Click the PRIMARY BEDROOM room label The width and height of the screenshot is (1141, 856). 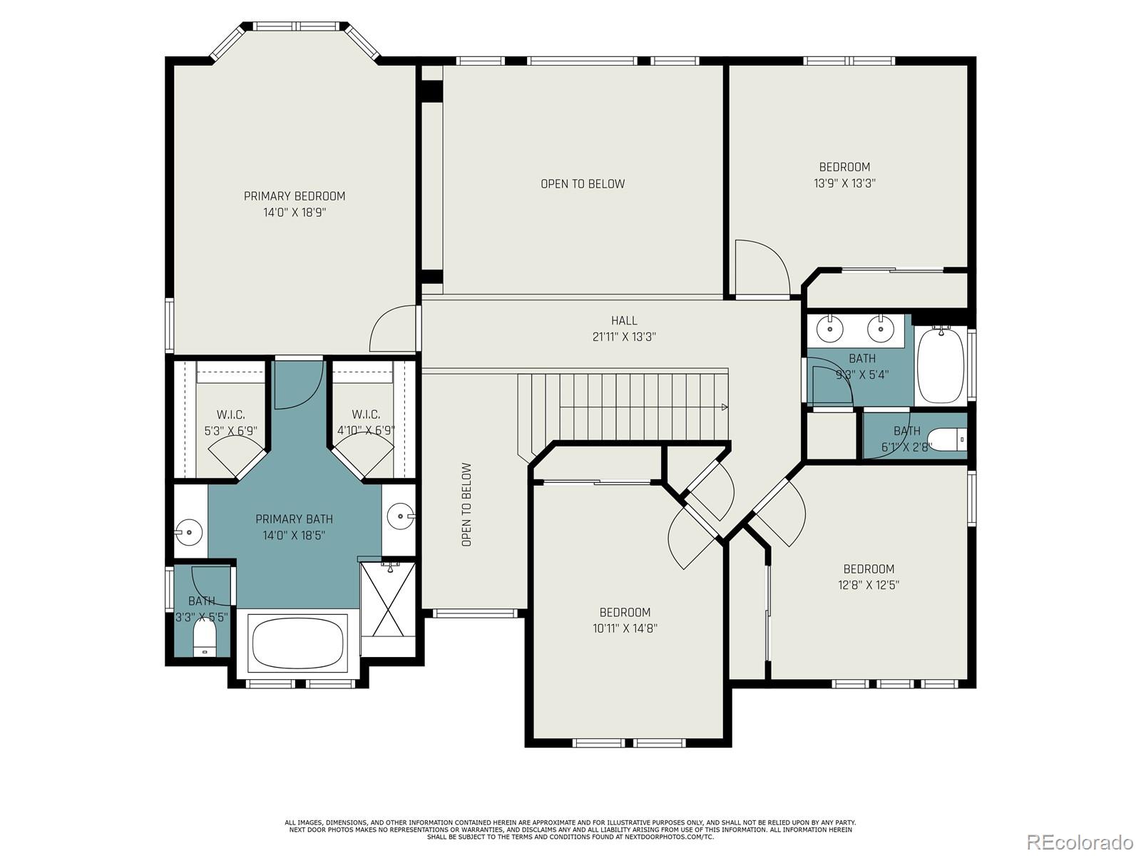click(x=295, y=196)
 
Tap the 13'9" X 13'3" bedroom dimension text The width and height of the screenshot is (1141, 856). click(x=844, y=183)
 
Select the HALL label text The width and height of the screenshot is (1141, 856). click(x=624, y=321)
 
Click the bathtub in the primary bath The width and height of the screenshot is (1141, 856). click(x=298, y=642)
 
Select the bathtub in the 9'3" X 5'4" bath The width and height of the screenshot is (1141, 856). click(x=941, y=366)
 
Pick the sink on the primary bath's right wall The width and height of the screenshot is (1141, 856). click(x=401, y=515)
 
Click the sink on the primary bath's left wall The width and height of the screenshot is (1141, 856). click(x=190, y=531)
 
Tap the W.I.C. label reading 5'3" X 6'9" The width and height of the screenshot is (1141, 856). click(x=230, y=423)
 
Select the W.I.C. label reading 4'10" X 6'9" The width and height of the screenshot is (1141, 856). click(x=366, y=423)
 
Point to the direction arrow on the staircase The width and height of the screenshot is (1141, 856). click(x=724, y=407)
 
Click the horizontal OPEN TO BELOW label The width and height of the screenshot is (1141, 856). click(x=583, y=184)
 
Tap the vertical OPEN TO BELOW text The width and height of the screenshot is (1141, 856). click(x=466, y=505)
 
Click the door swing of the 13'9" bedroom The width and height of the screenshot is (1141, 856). click(x=763, y=267)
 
